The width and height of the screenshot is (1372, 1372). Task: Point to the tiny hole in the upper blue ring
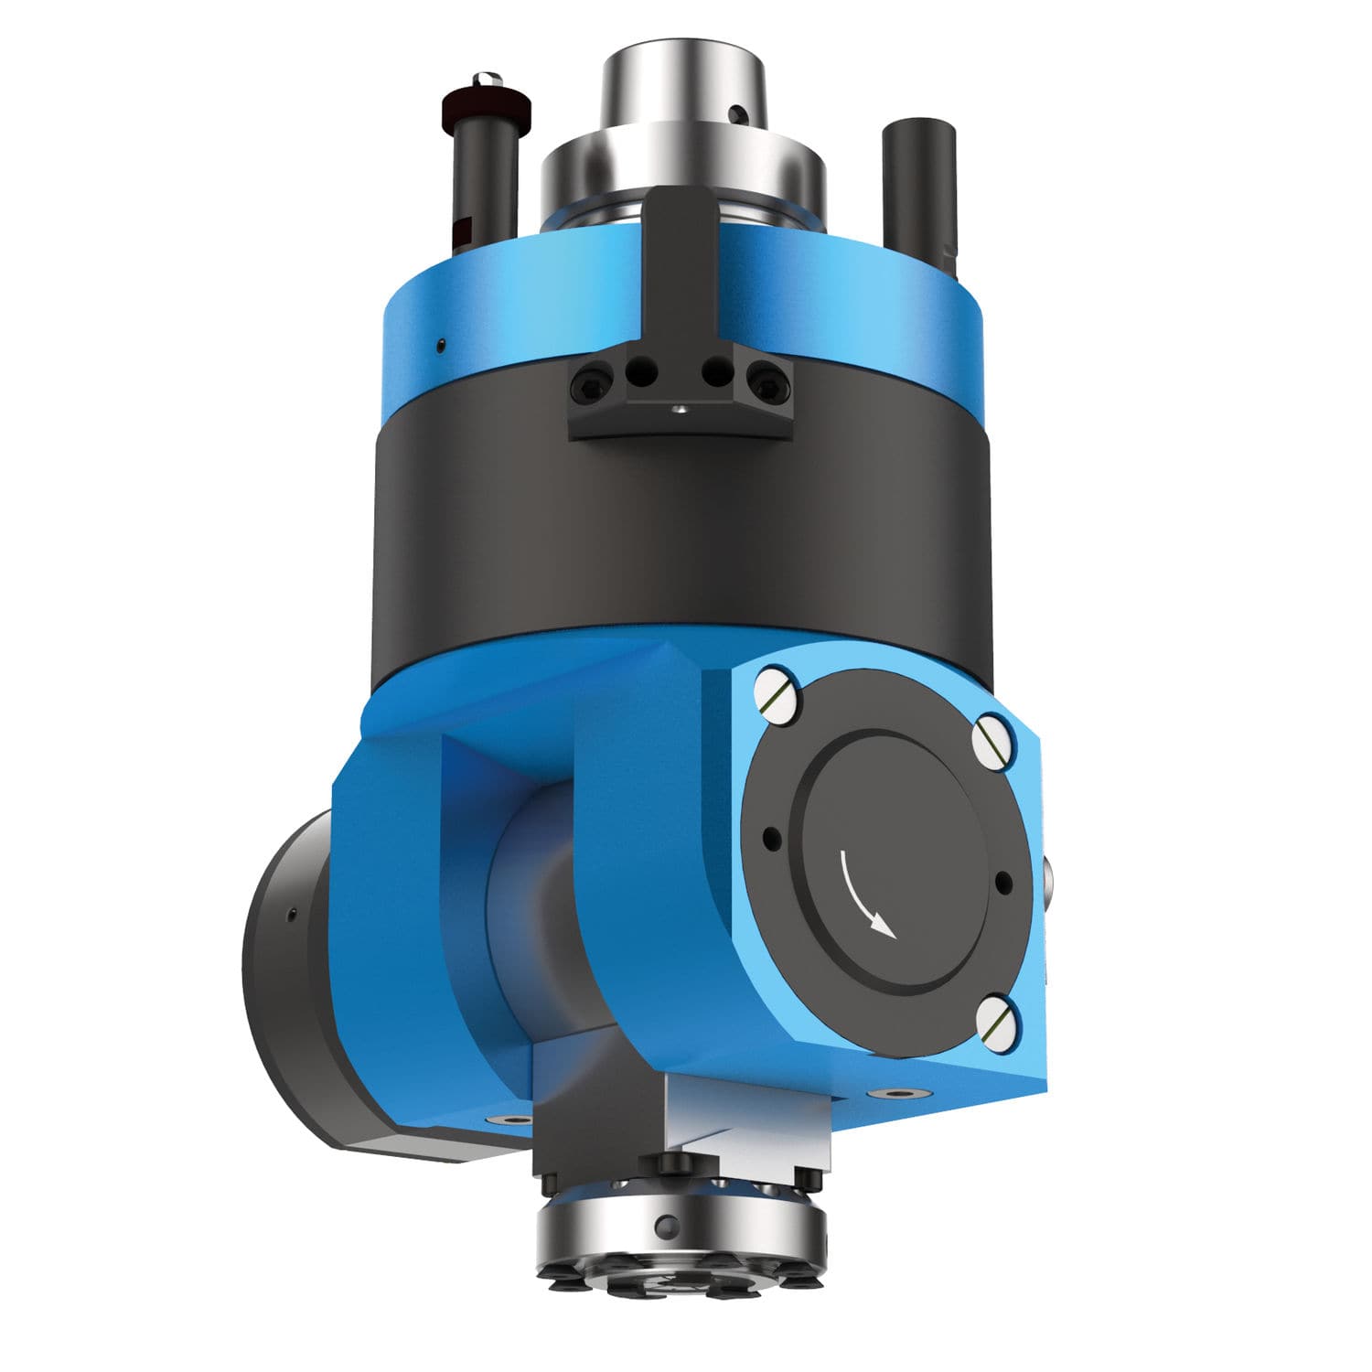tap(441, 344)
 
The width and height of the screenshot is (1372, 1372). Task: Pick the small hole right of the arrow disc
tap(1002, 884)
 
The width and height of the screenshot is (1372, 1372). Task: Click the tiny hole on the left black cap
tap(291, 914)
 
